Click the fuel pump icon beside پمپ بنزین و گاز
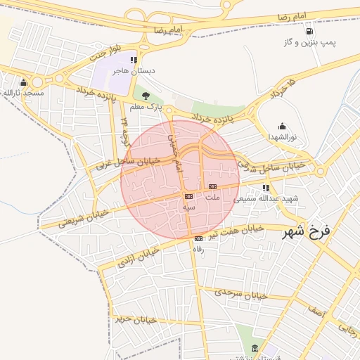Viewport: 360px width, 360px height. pyautogui.click(x=309, y=30)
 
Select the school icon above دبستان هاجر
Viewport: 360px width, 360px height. pyautogui.click(x=134, y=60)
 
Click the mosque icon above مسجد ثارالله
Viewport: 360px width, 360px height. pyautogui.click(x=24, y=82)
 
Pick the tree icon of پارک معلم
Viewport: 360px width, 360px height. pyautogui.click(x=146, y=96)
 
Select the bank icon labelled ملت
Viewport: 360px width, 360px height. pyautogui.click(x=213, y=186)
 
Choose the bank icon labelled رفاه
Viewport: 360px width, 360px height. pyautogui.click(x=198, y=239)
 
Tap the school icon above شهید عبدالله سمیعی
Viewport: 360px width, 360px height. pyautogui.click(x=266, y=188)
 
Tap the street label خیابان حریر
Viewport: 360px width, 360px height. pyautogui.click(x=134, y=319)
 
